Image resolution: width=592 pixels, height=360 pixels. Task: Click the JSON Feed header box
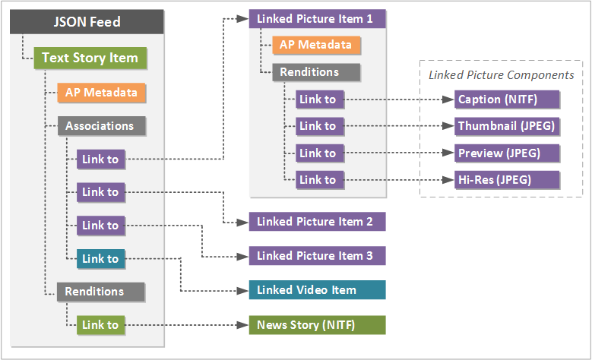click(x=87, y=21)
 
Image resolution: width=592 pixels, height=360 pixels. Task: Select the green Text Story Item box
click(x=90, y=58)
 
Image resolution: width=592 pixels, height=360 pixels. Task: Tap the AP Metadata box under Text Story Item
click(x=101, y=93)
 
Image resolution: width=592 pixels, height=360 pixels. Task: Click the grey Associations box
click(x=100, y=126)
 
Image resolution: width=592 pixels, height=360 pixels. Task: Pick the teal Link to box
click(x=100, y=259)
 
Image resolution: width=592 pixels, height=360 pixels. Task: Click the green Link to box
click(x=100, y=325)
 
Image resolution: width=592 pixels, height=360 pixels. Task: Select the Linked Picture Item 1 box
click(x=317, y=18)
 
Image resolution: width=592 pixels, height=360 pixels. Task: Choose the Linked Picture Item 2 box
click(x=317, y=222)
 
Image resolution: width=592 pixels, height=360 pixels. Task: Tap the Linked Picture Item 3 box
click(x=317, y=256)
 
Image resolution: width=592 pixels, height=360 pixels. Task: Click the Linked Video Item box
click(x=317, y=290)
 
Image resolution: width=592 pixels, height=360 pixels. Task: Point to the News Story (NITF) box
click(x=317, y=325)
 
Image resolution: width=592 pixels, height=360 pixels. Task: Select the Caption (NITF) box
click(x=507, y=99)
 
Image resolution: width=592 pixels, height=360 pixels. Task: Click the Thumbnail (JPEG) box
click(x=507, y=126)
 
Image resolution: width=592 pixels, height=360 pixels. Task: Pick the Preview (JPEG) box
click(x=507, y=153)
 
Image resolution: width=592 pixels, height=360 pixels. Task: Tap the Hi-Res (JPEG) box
click(x=507, y=180)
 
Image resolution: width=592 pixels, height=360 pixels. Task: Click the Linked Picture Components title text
click(x=502, y=75)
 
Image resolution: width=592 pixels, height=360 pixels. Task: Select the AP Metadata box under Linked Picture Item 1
click(x=316, y=45)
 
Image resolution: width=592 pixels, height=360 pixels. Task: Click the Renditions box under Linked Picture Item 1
click(x=316, y=72)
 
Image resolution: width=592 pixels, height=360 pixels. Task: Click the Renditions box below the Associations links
click(x=100, y=292)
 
